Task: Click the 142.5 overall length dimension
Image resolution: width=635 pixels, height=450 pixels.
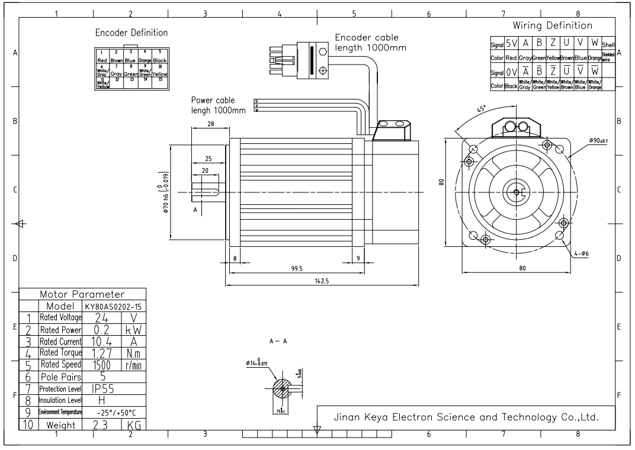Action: click(323, 282)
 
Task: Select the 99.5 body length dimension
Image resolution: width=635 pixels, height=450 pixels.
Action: click(297, 268)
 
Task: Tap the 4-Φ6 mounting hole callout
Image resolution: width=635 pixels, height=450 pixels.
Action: click(583, 253)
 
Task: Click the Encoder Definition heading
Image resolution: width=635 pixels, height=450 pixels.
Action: click(132, 33)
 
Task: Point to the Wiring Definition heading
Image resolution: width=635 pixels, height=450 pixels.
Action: click(552, 25)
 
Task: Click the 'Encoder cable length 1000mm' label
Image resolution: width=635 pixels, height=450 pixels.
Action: click(370, 42)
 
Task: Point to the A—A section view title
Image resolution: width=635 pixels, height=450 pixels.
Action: click(278, 342)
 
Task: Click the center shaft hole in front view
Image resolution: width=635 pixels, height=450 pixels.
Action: click(516, 192)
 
